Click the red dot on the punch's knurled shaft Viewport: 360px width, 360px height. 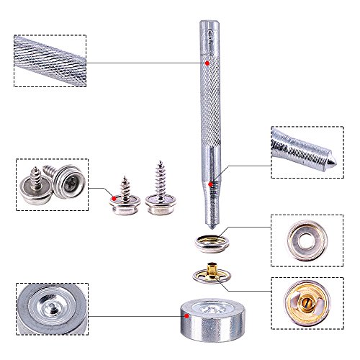point(207,64)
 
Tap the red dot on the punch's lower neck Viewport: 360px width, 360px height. point(211,185)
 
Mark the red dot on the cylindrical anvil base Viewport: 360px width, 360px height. point(187,315)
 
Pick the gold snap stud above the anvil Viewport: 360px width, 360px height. point(211,274)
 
